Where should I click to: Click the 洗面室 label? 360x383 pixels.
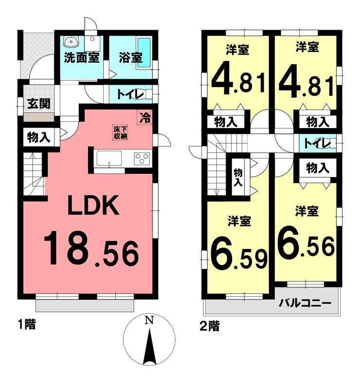pos(82,58)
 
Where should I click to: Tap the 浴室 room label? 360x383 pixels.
pos(131,58)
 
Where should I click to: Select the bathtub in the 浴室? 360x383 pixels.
pos(144,53)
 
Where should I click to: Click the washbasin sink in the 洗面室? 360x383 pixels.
pos(71,42)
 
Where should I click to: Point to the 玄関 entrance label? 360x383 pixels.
pos(39,104)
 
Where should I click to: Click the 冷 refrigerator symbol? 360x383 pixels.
pos(145,117)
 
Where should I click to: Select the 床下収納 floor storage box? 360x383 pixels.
pos(120,133)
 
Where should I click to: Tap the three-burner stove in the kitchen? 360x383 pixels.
pos(142,158)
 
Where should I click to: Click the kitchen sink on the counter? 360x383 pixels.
pos(109,158)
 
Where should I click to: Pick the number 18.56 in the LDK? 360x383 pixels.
pos(91,252)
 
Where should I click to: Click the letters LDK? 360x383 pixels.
pos(93,205)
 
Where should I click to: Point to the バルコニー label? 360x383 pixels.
pos(306,303)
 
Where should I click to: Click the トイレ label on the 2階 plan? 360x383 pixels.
pos(317,144)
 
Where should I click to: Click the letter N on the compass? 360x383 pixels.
pos(149,320)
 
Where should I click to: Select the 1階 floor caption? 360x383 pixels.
pos(27,325)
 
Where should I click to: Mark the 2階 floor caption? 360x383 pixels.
pos(210,326)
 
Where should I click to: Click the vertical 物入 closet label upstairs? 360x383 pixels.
pos(238,177)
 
